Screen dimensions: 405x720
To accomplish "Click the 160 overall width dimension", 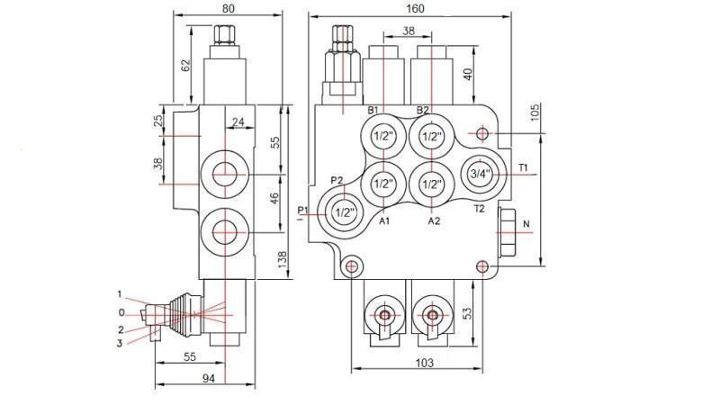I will pos(414,8).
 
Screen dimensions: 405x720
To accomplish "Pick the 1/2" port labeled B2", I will pos(431,137).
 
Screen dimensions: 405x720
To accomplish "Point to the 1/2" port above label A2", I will pos(431,184).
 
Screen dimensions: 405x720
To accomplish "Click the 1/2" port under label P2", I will pos(343,212).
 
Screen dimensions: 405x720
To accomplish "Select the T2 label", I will pos(480,208).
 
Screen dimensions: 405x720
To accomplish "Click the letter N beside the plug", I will pos(526,226).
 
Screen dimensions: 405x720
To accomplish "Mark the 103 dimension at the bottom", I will pos(425,363).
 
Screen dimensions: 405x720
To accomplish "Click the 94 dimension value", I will pos(208,379).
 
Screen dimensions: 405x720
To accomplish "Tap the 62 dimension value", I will pos(185,65).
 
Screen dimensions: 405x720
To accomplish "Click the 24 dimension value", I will pos(237,121).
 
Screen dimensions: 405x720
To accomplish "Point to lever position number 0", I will pos(122,312).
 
